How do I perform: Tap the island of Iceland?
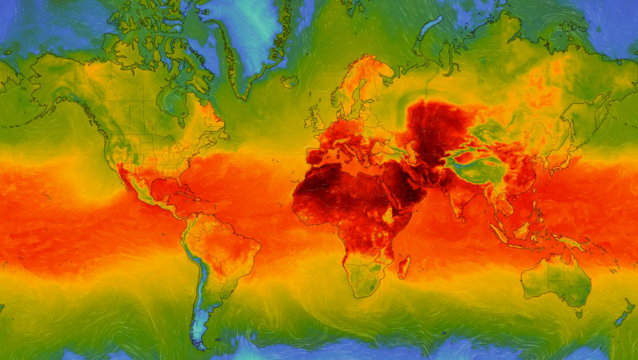point(290,81)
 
